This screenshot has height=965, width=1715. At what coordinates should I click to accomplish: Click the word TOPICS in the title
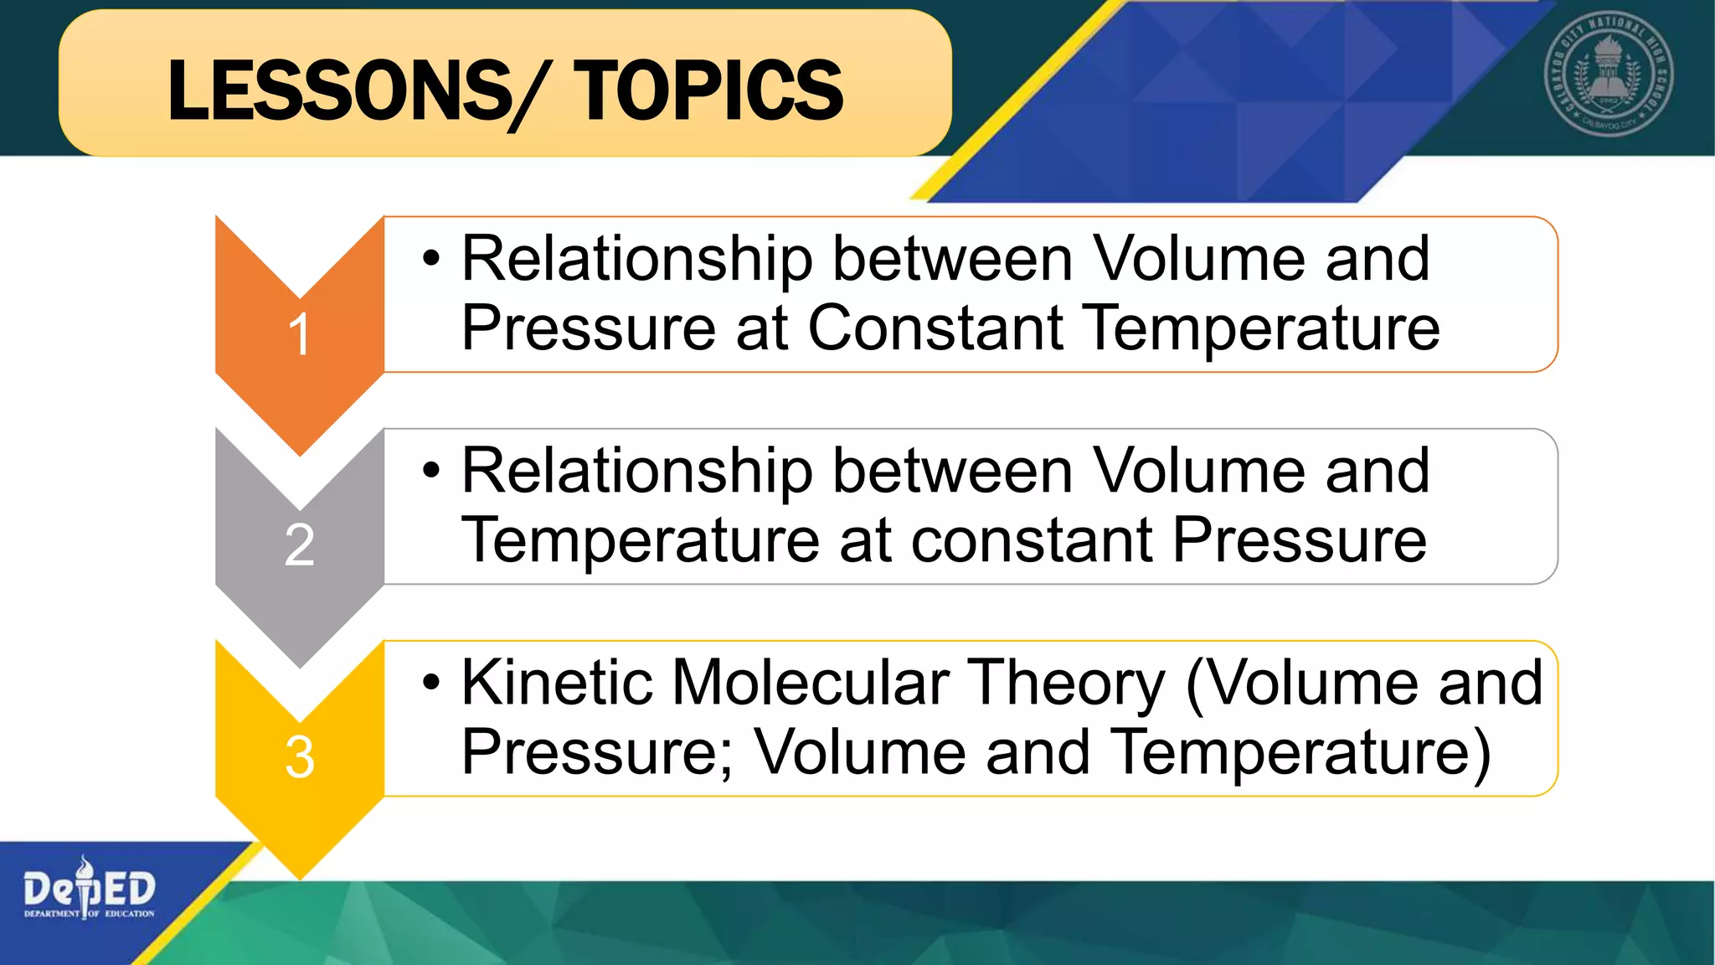click(x=708, y=90)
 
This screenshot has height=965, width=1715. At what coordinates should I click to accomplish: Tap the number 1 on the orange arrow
click(x=299, y=335)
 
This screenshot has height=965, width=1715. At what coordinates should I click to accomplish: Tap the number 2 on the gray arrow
click(x=299, y=545)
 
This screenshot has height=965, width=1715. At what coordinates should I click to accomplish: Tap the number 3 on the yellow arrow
click(x=299, y=757)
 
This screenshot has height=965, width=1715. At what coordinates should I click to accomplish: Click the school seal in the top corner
click(x=1609, y=75)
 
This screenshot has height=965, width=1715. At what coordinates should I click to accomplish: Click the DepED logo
click(x=89, y=890)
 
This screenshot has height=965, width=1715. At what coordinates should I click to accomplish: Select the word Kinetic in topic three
click(x=556, y=683)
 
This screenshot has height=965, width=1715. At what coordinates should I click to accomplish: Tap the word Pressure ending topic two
click(x=1300, y=540)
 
